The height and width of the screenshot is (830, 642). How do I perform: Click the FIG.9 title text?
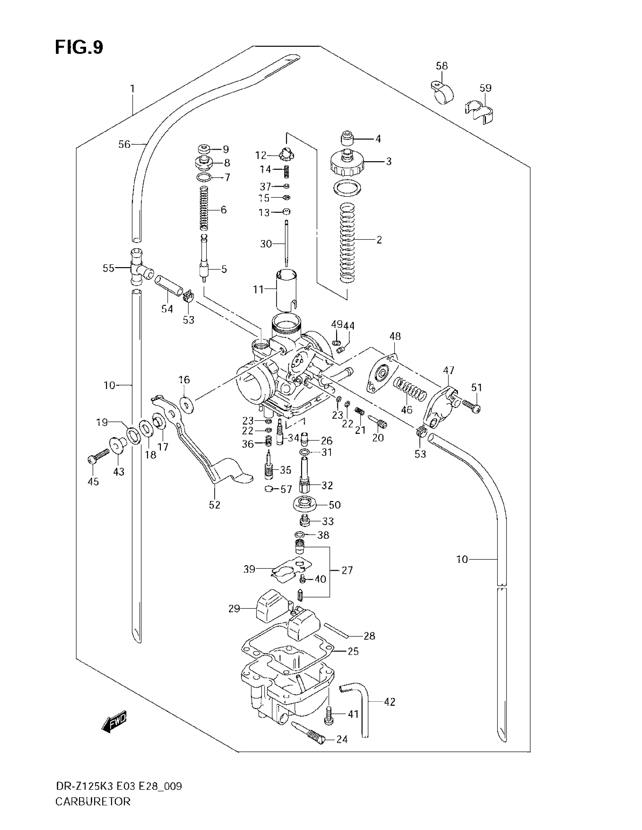click(79, 48)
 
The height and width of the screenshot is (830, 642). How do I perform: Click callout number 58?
click(441, 66)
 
